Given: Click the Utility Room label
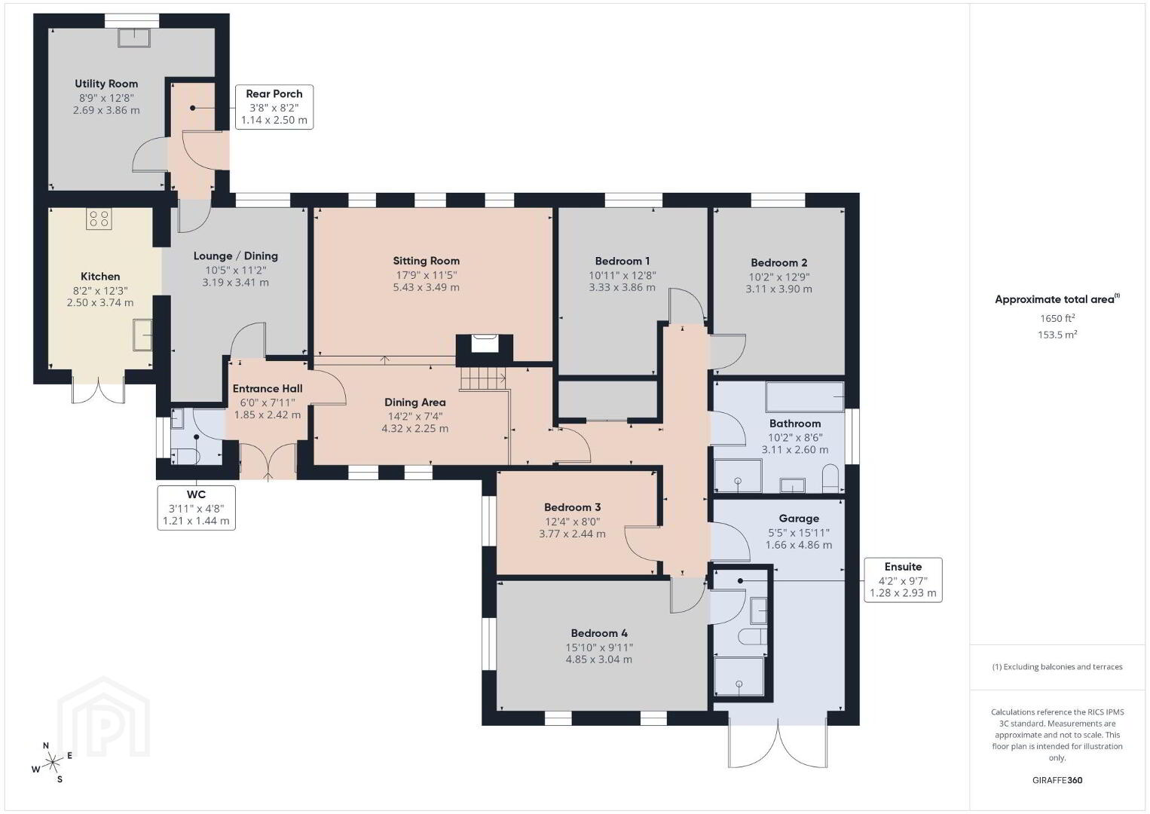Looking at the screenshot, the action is point(106,84).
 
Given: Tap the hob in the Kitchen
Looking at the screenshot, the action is point(99,219).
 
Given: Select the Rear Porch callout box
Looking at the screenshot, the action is point(274,107).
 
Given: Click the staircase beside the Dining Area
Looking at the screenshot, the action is point(482,379).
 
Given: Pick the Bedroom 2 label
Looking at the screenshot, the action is point(778,262).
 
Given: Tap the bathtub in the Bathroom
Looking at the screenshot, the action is point(805,396).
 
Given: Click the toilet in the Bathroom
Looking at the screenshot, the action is point(830,478).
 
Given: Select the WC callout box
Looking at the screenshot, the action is point(196,507).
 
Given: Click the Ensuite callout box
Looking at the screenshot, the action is point(903,580).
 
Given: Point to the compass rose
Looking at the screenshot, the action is point(52,764).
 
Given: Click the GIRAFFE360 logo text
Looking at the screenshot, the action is point(1057,780).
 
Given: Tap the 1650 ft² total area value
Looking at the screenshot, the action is point(1057,318).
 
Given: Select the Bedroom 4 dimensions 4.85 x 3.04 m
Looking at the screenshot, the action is point(599,659).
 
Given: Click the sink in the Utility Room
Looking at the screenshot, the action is point(134,38).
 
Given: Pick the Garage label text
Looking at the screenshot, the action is point(799,519).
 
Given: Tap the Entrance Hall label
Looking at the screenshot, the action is point(268,389).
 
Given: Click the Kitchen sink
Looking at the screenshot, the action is point(142,335).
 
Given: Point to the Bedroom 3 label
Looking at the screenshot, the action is point(573,507).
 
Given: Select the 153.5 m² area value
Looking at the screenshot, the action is point(1057,335).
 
